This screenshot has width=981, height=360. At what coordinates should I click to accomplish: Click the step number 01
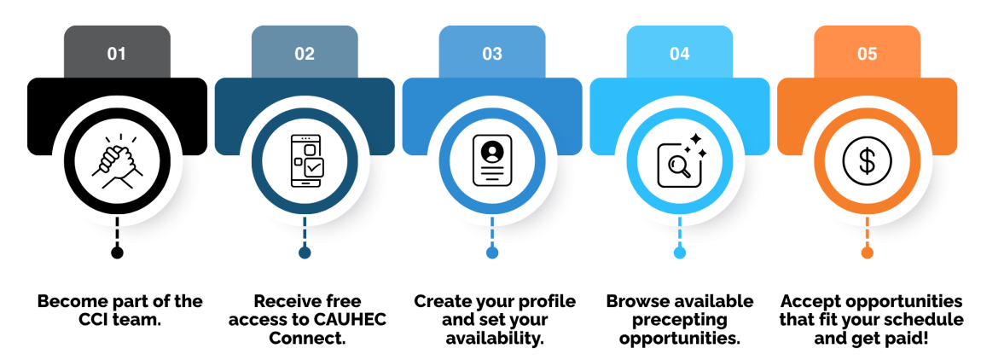click(x=116, y=54)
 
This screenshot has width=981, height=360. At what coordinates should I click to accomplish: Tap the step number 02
click(x=305, y=54)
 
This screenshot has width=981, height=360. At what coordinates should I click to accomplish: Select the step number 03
click(x=492, y=54)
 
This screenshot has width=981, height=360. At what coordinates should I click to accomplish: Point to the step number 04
click(x=679, y=54)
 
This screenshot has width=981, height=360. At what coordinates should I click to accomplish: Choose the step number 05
click(x=868, y=54)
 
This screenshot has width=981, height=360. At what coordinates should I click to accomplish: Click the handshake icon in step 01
click(x=117, y=161)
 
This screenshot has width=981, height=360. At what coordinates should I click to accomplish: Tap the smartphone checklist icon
click(x=305, y=161)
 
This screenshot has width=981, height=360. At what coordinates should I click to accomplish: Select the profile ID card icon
click(x=492, y=161)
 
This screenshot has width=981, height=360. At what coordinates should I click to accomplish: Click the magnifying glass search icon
click(x=681, y=161)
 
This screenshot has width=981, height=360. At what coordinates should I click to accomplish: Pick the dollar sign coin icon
click(x=868, y=161)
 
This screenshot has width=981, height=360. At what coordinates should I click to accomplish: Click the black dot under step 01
click(x=117, y=253)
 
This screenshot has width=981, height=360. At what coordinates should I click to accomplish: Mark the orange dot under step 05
click(x=868, y=253)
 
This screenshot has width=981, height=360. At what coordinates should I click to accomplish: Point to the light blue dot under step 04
click(x=680, y=253)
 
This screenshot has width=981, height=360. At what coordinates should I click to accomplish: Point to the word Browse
click(x=632, y=301)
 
